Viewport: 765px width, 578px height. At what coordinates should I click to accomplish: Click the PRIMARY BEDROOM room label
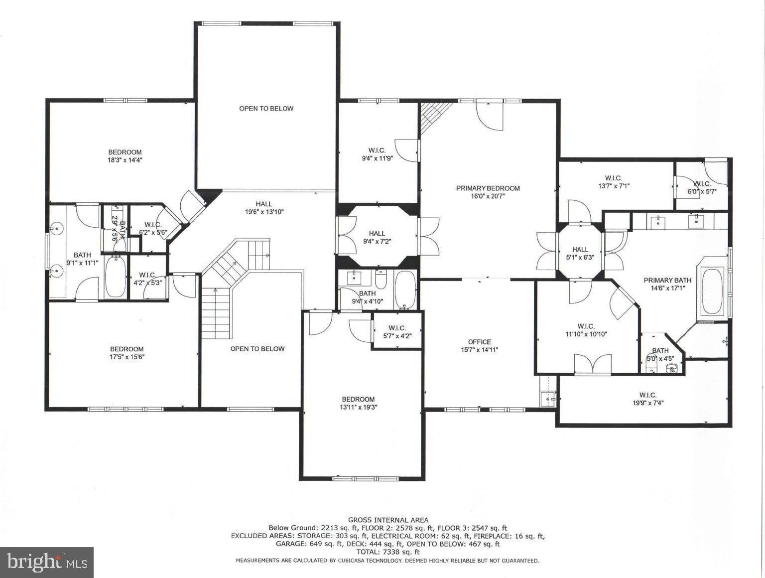coord(488,188)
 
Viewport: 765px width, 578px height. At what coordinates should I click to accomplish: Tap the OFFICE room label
coord(479,342)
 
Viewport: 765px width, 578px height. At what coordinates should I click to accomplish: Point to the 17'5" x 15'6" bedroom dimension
coord(127,357)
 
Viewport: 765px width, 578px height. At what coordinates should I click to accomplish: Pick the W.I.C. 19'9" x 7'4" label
coord(647,399)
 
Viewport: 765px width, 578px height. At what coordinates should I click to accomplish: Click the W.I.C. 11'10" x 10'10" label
coord(586,330)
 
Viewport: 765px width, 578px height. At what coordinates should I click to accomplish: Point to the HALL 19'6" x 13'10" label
coord(264,208)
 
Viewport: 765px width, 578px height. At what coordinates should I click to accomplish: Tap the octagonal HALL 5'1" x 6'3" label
coord(580,253)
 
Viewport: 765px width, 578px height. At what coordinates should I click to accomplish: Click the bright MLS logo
coord(47,563)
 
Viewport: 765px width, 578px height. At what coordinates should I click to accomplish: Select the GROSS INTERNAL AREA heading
coord(387,520)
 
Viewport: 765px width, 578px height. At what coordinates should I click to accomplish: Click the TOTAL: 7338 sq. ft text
coord(387,552)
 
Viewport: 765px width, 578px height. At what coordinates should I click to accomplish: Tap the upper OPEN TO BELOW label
coord(266,109)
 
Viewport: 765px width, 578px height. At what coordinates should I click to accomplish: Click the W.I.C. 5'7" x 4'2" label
coord(397,331)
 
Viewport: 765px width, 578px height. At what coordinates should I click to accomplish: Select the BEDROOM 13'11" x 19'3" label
coord(358,403)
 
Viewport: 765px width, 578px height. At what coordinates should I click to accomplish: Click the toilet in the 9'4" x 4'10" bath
coord(381,281)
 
